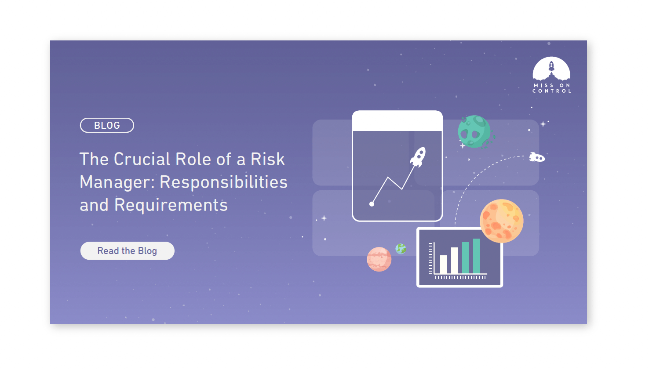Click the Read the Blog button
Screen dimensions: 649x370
[128, 251]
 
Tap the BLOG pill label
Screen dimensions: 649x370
[107, 125]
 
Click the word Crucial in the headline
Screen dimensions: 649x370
[142, 159]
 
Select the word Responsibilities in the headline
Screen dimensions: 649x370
[223, 182]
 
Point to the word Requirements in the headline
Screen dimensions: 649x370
[171, 205]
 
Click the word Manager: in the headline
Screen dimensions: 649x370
[117, 182]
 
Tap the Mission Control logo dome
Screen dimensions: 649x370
[551, 69]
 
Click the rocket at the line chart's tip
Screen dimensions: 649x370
[418, 157]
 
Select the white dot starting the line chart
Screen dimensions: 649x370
[372, 204]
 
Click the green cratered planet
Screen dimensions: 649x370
[474, 132]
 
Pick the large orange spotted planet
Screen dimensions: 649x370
[502, 221]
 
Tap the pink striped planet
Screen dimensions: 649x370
[379, 259]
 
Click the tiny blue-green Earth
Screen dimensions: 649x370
[401, 249]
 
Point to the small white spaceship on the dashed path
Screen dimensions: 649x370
[537, 157]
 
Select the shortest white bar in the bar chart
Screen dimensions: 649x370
[443, 265]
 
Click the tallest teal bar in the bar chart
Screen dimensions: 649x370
[477, 256]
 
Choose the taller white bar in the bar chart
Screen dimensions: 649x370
[454, 260]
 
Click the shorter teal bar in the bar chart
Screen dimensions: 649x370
[465, 258]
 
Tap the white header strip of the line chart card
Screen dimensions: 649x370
[397, 121]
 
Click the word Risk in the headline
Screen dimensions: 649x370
[268, 159]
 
